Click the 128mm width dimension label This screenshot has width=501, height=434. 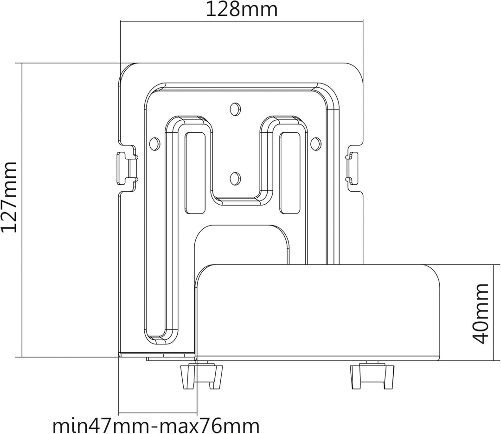(x=241, y=9)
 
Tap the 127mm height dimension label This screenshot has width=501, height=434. (x=9, y=197)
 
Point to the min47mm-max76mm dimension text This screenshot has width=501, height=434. (x=156, y=426)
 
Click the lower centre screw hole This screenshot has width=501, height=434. (x=235, y=177)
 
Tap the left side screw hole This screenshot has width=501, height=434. (x=154, y=143)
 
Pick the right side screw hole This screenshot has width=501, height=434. (x=315, y=143)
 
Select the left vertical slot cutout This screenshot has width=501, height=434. (x=195, y=173)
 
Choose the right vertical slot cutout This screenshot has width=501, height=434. (x=290, y=173)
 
